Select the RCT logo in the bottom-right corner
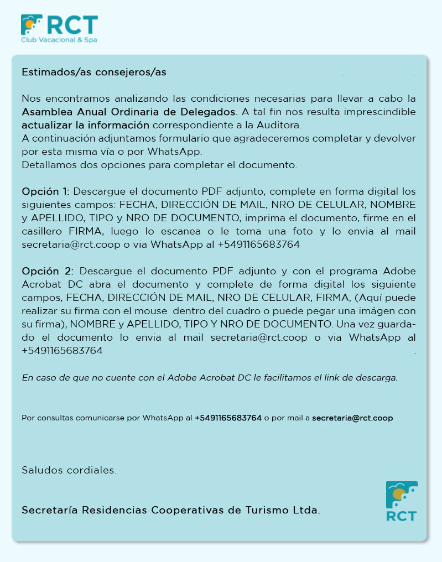(x=401, y=501)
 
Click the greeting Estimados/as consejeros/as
(x=94, y=72)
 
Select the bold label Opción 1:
(x=45, y=192)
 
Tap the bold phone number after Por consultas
(x=228, y=418)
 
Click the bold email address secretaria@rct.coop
(x=352, y=418)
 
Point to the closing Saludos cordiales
(x=69, y=471)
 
